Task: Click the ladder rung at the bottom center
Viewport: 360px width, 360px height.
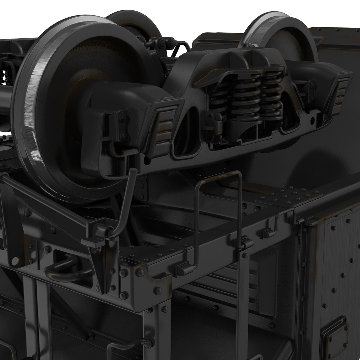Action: coord(127,347)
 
